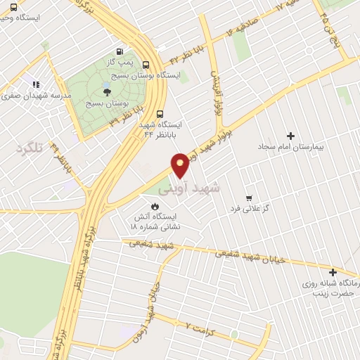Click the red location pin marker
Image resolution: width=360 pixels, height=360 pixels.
[181, 165]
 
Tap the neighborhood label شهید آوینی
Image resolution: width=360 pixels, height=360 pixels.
[188, 188]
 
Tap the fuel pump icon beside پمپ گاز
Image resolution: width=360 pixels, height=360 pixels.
[119, 51]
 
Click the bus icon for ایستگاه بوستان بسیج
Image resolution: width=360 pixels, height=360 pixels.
[146, 63]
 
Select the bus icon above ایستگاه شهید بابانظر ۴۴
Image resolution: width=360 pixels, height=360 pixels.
[160, 112]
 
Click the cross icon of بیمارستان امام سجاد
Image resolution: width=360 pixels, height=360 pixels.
[291, 135]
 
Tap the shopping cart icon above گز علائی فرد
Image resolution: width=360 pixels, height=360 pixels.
[248, 198]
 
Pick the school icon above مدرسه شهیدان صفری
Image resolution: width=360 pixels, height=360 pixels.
[33, 85]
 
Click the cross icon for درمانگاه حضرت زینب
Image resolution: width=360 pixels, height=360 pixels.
[333, 272]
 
